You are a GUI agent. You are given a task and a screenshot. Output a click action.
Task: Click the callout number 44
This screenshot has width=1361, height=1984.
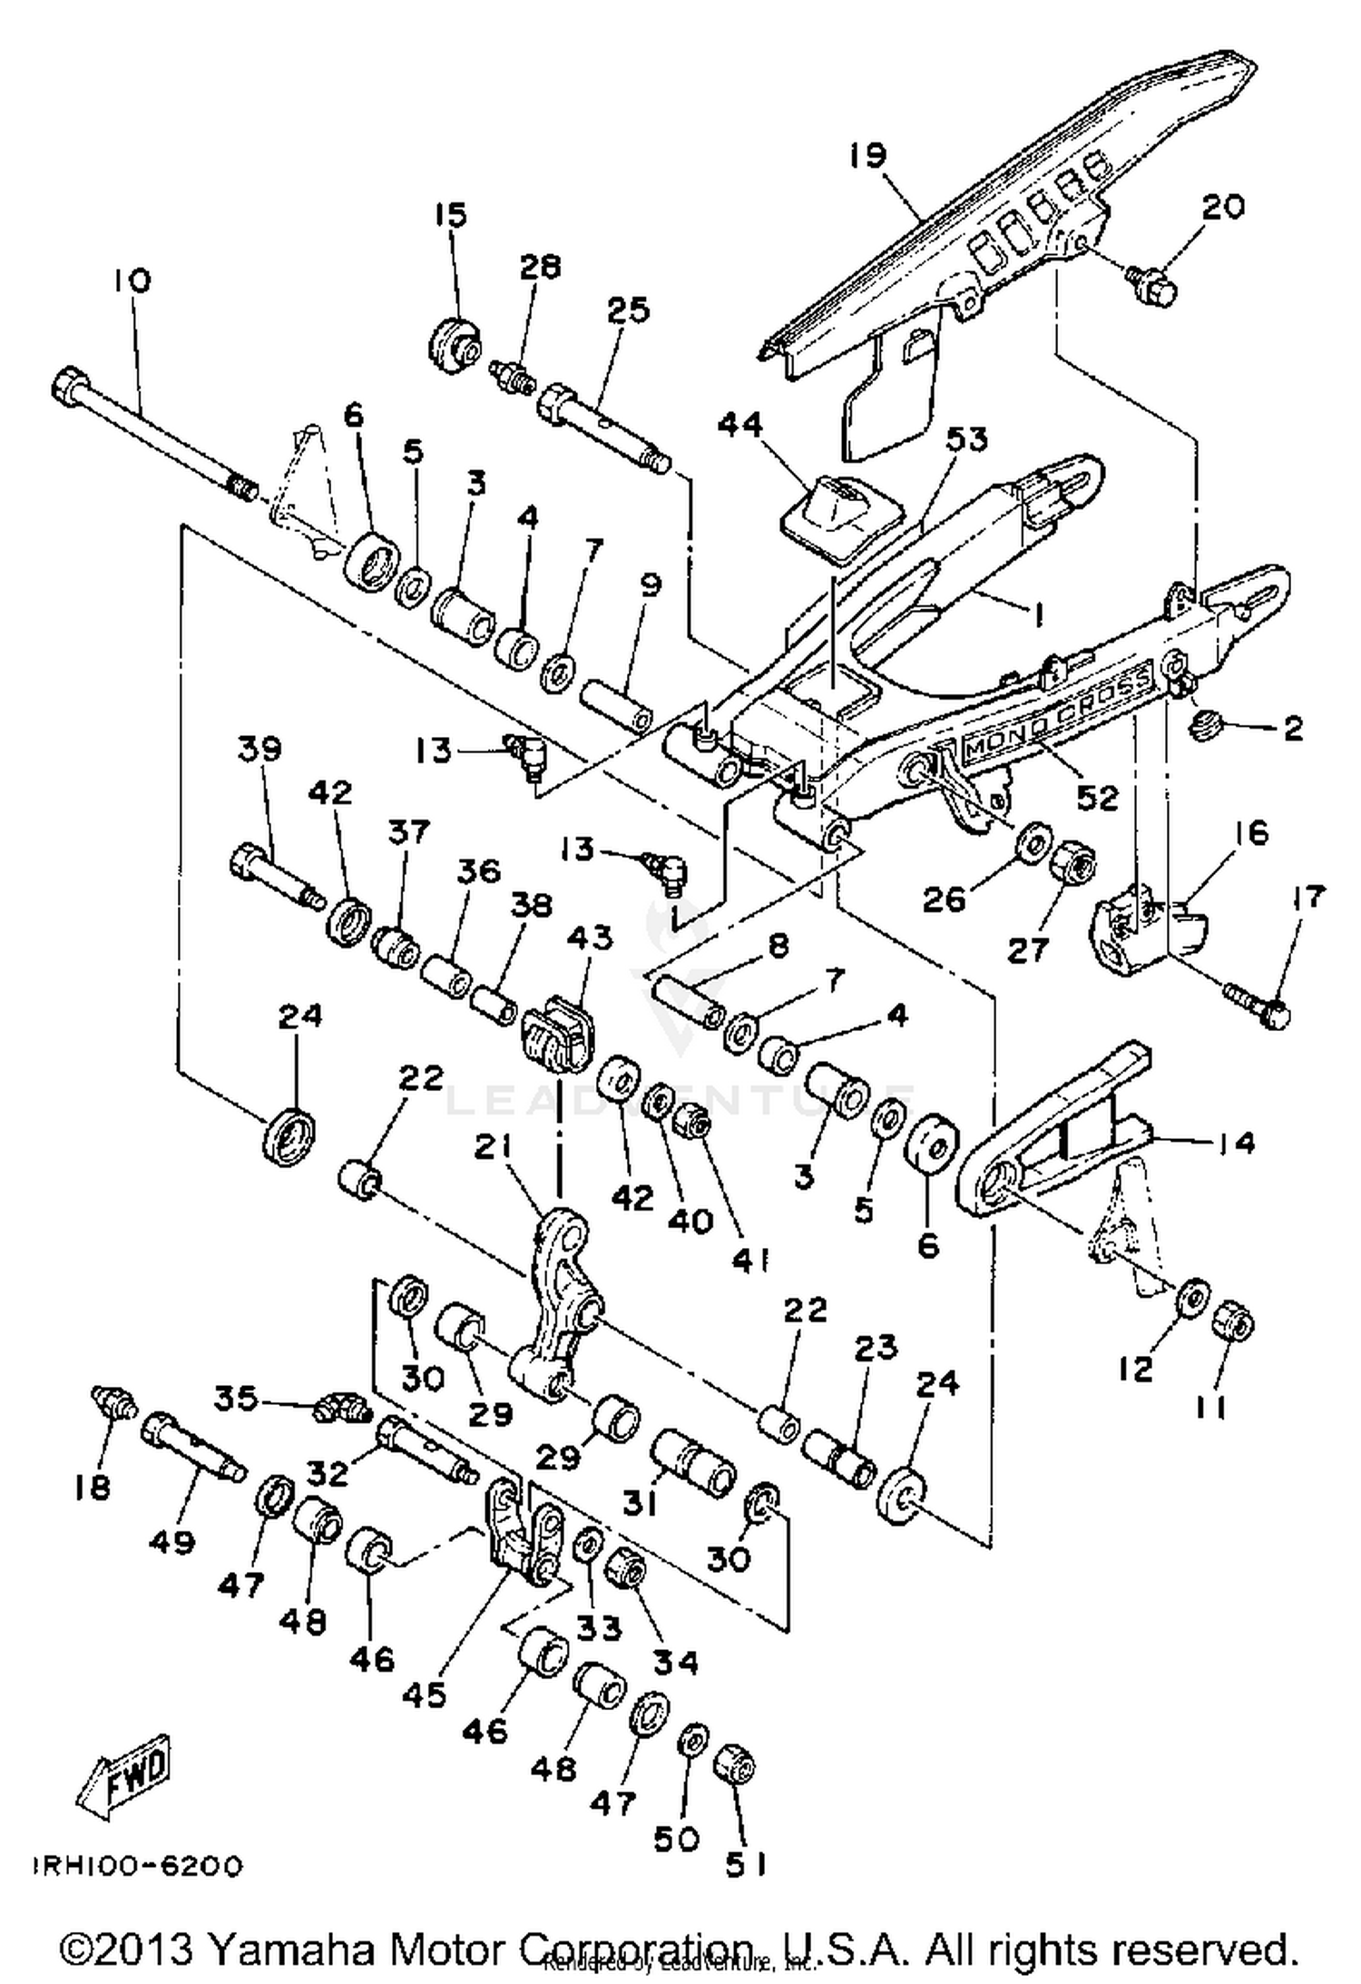click(741, 427)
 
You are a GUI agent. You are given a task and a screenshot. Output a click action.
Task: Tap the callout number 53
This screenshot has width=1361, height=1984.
click(966, 439)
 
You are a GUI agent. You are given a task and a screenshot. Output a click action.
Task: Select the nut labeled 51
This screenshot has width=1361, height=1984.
click(735, 1765)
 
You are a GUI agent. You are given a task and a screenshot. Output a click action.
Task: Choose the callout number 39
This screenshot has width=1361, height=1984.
click(260, 751)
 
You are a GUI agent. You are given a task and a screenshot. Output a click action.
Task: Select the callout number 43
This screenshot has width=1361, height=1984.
click(591, 938)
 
